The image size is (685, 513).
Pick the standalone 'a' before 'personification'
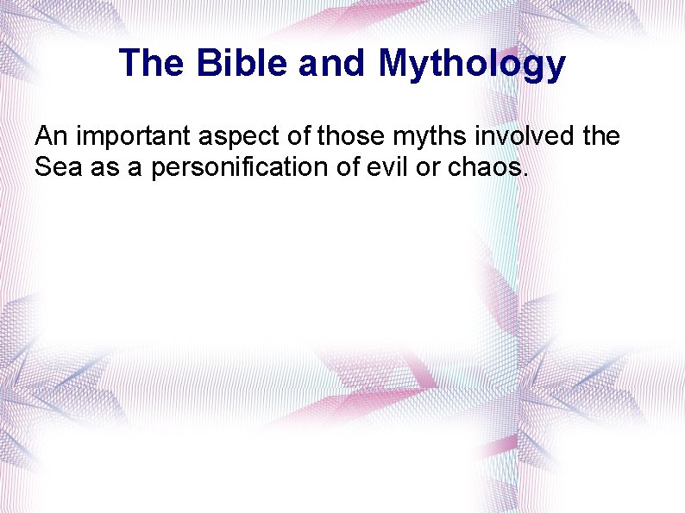pyautogui.click(x=135, y=168)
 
